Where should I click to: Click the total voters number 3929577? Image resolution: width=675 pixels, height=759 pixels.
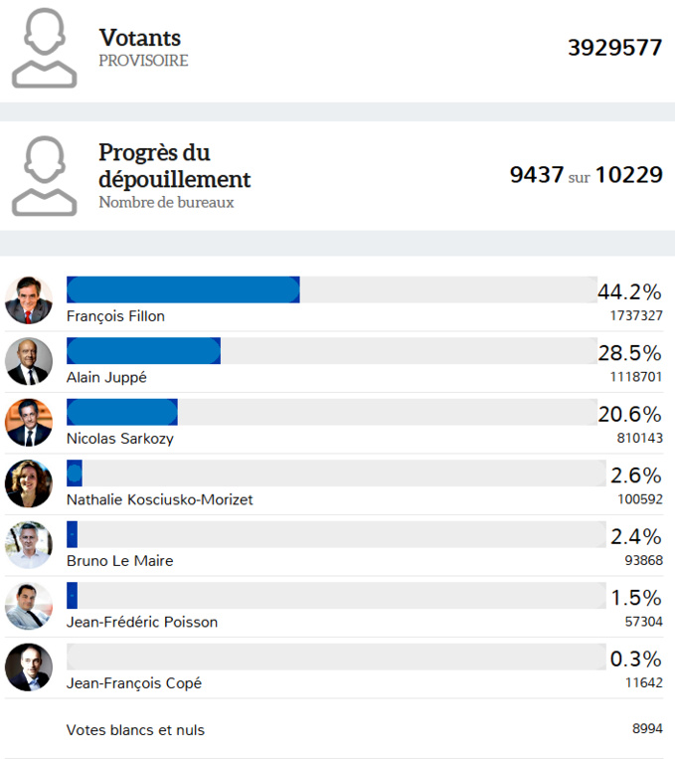(614, 48)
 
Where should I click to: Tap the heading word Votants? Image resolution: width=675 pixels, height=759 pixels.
(140, 38)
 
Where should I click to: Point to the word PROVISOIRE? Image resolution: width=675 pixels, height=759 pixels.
(143, 61)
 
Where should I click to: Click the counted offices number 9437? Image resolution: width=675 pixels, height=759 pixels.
(536, 175)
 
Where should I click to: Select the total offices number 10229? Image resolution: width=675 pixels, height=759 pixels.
(628, 175)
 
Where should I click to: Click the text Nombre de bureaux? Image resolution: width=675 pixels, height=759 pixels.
(166, 202)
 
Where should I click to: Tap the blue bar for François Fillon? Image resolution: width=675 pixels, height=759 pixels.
(183, 289)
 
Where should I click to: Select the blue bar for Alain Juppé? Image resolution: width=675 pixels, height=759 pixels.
(143, 350)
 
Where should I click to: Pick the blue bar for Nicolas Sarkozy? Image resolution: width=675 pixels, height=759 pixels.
(121, 412)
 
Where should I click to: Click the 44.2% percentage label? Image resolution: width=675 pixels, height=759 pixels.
(629, 291)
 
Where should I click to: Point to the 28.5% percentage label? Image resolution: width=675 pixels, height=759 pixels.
(629, 353)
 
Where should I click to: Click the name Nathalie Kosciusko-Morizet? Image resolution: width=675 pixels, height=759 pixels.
(159, 499)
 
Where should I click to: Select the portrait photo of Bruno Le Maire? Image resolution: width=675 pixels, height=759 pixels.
(29, 544)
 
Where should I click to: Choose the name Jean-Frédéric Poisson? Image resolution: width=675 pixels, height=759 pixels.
(142, 622)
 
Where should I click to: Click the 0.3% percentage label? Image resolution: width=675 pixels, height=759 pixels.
(635, 660)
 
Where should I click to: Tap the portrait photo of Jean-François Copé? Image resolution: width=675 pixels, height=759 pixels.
(29, 667)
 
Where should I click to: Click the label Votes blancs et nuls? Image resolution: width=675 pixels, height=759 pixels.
(135, 730)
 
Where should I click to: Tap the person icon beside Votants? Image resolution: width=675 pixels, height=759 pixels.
(44, 47)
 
